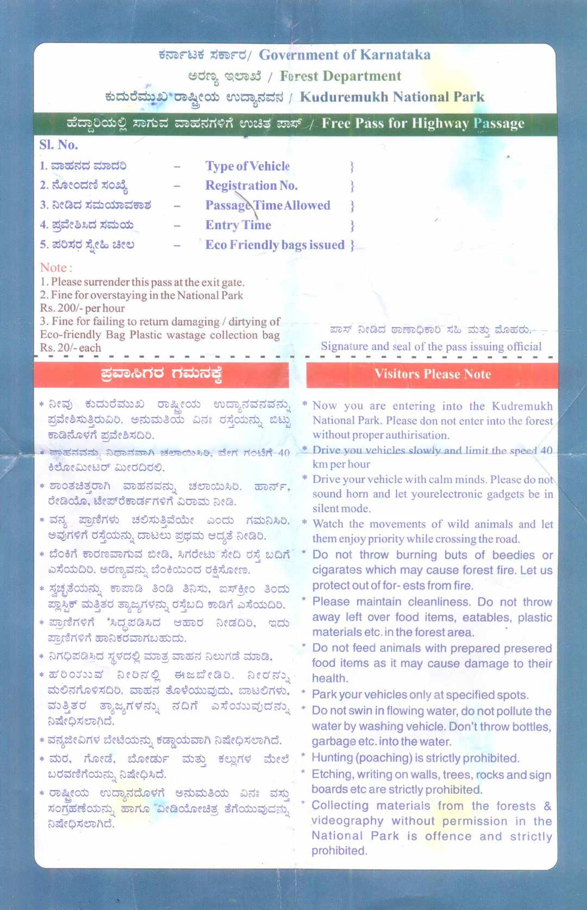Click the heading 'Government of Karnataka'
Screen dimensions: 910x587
click(x=345, y=55)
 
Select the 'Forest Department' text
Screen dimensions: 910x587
click(x=340, y=76)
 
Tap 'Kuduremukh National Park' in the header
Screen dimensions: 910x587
click(x=392, y=97)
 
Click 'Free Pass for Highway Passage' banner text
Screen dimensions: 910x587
click(x=423, y=123)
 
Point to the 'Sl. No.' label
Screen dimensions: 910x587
click(x=59, y=145)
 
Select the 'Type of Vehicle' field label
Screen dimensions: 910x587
click(x=247, y=166)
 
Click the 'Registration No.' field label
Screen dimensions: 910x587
click(x=251, y=186)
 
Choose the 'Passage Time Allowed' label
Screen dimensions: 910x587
click(x=267, y=205)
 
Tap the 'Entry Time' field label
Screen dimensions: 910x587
click(x=238, y=225)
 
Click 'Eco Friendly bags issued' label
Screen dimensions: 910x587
click(x=274, y=245)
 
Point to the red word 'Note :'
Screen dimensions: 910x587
click(x=55, y=267)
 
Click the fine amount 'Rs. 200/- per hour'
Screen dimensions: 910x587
click(x=82, y=308)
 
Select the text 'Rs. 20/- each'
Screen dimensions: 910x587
click(x=70, y=348)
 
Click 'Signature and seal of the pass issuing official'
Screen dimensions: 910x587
click(x=431, y=346)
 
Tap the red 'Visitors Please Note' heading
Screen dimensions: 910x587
click(x=433, y=374)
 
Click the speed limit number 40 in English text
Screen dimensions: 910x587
click(x=546, y=450)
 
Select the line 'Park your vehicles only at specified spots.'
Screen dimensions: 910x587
click(x=420, y=695)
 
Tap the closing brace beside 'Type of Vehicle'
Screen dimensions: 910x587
click(x=352, y=166)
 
